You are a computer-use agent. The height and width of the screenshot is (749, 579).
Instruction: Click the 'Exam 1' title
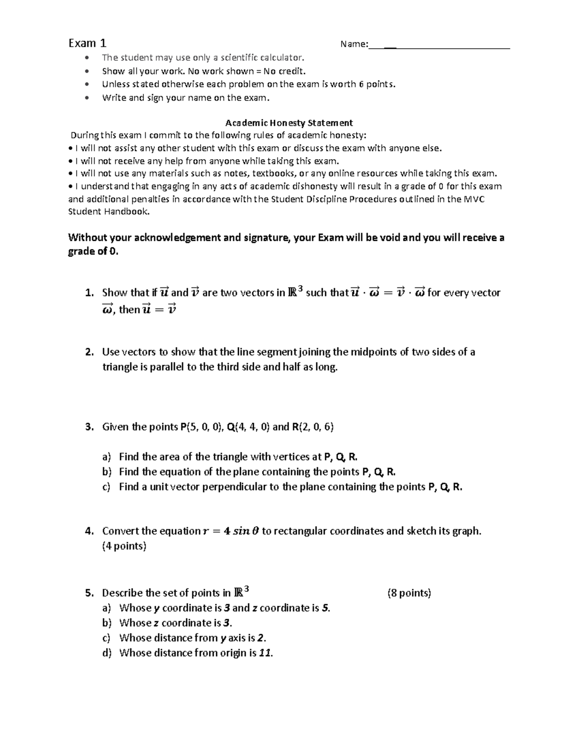pos(87,43)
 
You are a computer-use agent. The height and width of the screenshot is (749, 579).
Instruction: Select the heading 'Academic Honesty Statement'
pos(289,123)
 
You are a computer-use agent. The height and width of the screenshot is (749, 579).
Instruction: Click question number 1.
pos(89,293)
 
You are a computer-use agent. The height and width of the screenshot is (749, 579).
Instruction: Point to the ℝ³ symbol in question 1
pos(295,292)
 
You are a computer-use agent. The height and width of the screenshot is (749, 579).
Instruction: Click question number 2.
pos(89,352)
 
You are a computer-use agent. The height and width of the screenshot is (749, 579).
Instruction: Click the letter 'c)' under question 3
pos(107,487)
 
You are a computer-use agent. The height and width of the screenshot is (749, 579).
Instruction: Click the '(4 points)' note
pos(124,546)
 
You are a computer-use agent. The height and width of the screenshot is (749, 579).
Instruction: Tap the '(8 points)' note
pos(409,593)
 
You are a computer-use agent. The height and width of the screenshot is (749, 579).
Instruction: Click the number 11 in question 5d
pos(265,653)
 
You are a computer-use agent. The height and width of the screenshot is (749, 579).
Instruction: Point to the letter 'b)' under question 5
pos(107,623)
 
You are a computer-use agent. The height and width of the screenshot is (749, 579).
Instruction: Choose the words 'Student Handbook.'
pos(109,211)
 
